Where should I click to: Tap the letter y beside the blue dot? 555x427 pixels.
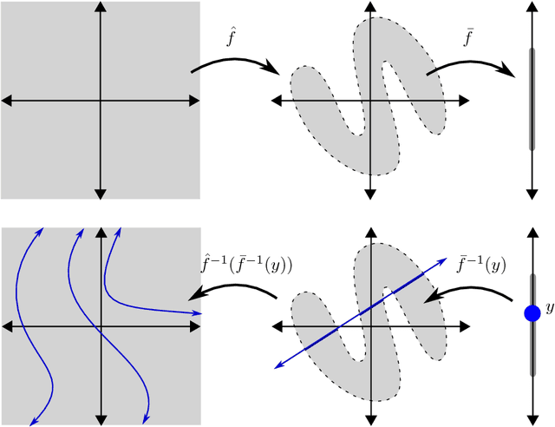click(x=548, y=308)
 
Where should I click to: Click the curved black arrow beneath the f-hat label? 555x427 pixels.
click(x=234, y=62)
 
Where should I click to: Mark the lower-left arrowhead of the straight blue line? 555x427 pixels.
click(x=278, y=365)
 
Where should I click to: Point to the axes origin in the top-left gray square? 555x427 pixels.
click(x=101, y=102)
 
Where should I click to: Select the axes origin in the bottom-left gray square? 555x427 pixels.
click(x=101, y=326)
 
